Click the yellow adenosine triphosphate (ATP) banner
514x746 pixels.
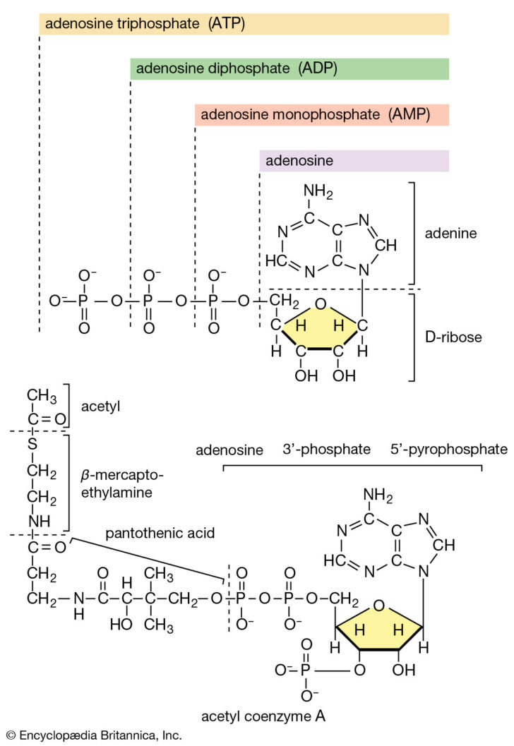244,24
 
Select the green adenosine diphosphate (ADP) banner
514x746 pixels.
289,68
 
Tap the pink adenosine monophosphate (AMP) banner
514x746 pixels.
322,115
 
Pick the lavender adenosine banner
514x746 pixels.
354,161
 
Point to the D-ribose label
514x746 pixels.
453,337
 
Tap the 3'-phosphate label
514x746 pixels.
327,450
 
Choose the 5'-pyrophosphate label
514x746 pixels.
448,450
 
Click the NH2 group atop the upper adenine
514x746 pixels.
318,192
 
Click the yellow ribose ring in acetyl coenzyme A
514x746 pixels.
379,627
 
